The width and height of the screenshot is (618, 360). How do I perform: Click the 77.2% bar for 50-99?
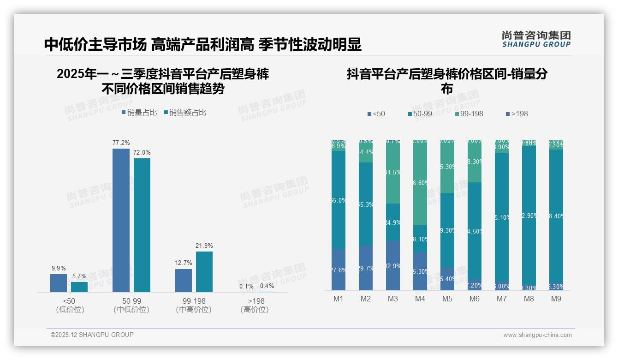point(121,220)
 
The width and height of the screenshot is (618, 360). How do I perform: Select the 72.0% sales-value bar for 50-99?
point(142,225)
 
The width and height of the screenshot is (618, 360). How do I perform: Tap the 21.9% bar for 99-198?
point(204,271)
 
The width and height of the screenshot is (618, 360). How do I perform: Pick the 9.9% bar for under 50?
point(59,283)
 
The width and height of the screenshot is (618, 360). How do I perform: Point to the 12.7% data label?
point(184,263)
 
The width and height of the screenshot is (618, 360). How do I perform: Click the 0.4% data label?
point(267,286)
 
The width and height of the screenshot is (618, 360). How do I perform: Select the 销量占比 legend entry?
point(139,113)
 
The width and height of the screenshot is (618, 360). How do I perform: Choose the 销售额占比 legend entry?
point(184,113)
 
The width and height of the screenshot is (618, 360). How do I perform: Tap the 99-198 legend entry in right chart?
point(469,114)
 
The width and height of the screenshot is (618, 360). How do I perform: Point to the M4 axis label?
point(420,299)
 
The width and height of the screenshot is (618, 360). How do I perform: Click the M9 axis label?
point(556,299)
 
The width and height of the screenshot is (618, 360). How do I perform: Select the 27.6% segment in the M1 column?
point(339,270)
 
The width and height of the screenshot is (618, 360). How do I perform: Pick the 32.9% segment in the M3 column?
point(393,265)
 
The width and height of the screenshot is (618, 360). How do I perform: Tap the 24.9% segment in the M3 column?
point(393,222)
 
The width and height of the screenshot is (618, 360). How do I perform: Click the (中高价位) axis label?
point(194,310)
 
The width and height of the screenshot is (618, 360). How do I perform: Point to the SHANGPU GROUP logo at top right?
point(536,39)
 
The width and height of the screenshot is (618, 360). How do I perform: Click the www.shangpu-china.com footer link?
point(537,335)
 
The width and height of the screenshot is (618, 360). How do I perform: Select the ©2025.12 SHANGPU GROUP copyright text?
point(92,335)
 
